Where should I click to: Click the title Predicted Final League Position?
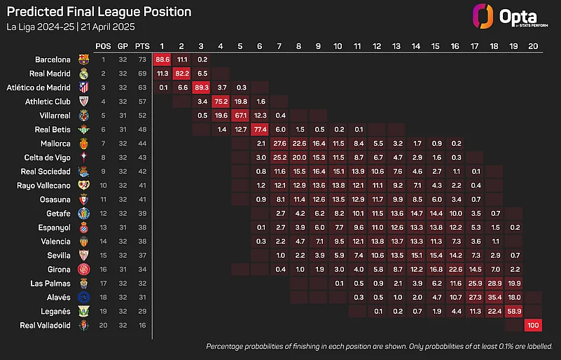(98, 12)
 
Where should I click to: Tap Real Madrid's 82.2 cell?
(182, 74)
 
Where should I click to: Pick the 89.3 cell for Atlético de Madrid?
(202, 88)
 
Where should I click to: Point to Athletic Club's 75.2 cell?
(221, 102)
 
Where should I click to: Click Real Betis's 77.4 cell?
(260, 130)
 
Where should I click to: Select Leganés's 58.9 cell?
(514, 311)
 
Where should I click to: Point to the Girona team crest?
(83, 269)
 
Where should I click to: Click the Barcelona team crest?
(83, 60)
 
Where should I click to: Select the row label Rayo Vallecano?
(43, 186)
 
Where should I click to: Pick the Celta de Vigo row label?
(45, 158)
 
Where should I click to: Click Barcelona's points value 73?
(143, 60)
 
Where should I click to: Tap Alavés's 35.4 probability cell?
(494, 297)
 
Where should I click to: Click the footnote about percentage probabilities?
(379, 347)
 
